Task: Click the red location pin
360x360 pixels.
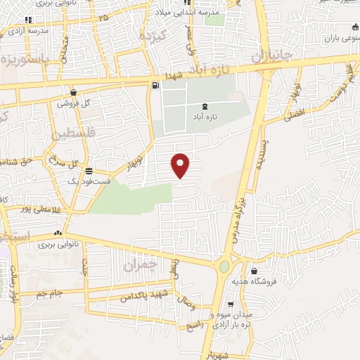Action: point(181,165)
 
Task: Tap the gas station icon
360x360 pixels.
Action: point(155,86)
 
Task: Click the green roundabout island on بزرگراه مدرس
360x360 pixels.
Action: point(224,267)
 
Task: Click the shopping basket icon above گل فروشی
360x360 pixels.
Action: point(74,92)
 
